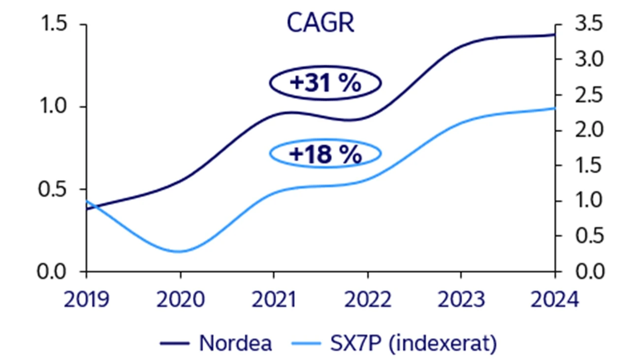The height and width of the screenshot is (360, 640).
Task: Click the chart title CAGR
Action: [x=320, y=24]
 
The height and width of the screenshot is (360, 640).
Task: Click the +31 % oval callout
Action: [x=325, y=83]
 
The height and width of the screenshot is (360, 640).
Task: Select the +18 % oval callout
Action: [x=325, y=154]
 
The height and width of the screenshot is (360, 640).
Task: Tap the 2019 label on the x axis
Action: [x=87, y=299]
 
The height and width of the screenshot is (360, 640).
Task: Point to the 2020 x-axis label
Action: [x=180, y=299]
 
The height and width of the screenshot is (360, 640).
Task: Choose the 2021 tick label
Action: [x=274, y=299]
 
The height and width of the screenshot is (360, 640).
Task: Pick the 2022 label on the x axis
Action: [x=367, y=299]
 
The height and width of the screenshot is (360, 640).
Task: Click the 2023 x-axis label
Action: [x=461, y=299]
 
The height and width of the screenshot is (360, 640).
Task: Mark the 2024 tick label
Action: [x=553, y=299]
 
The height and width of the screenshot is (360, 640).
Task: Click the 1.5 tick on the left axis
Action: [x=53, y=25]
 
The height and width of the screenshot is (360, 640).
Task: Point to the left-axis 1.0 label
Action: [x=53, y=107]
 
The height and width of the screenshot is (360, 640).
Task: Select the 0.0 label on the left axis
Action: [x=53, y=271]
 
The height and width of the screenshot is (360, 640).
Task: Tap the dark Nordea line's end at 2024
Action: [x=554, y=34]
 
